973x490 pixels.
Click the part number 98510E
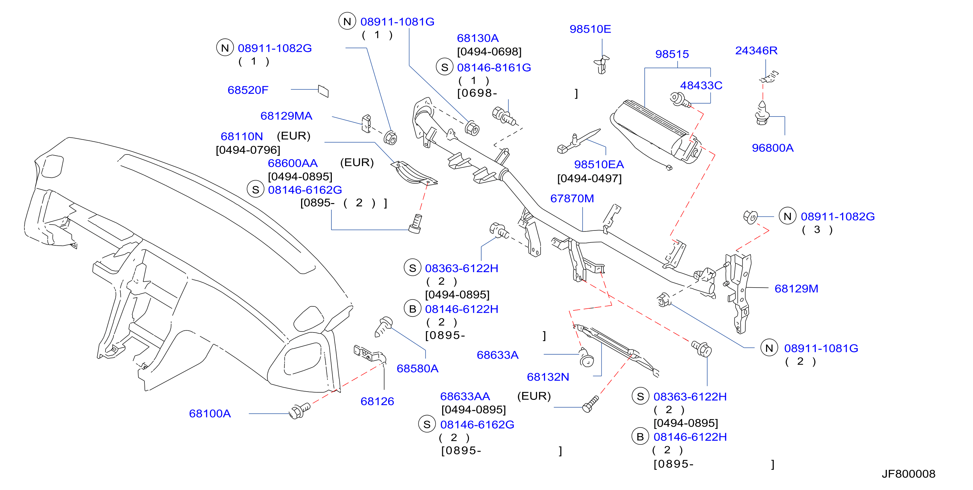pos(590,29)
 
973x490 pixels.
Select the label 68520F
pos(248,90)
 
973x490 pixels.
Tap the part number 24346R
pos(756,51)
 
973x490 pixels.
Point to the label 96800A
pos(772,148)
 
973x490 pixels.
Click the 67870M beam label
pos(572,198)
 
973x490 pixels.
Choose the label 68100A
pos(210,414)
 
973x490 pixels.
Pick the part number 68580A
pos(417,368)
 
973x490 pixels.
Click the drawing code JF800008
pos(909,474)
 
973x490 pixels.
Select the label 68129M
pos(796,289)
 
